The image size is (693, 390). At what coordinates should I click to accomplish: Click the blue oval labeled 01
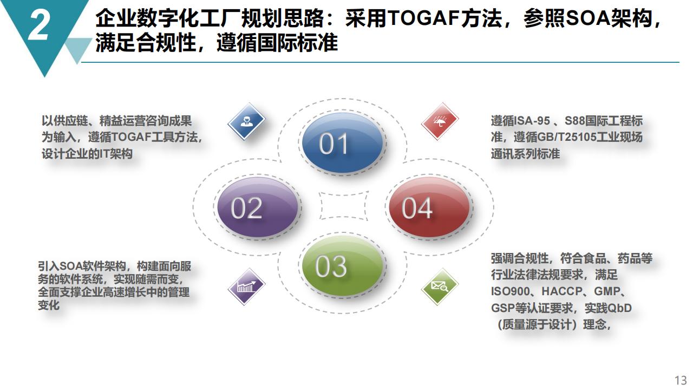tap(343, 143)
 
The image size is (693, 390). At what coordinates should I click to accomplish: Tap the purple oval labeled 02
tap(258, 207)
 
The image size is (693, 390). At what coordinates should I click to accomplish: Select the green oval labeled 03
tap(343, 265)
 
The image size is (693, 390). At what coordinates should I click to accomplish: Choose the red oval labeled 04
tap(429, 207)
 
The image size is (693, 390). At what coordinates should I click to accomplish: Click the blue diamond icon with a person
tap(246, 121)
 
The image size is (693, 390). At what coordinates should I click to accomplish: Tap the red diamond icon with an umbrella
tap(440, 121)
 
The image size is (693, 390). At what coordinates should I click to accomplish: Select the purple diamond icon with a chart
tap(246, 287)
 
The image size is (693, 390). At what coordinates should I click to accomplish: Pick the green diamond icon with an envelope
tap(440, 287)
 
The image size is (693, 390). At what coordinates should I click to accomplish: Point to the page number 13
tap(681, 380)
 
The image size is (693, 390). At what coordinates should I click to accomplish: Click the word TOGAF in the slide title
tap(423, 18)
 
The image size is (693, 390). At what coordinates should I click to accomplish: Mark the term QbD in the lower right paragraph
tap(619, 308)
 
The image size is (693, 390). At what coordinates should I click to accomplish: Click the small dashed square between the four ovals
tap(343, 205)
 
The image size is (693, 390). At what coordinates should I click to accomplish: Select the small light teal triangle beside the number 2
tap(78, 49)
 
